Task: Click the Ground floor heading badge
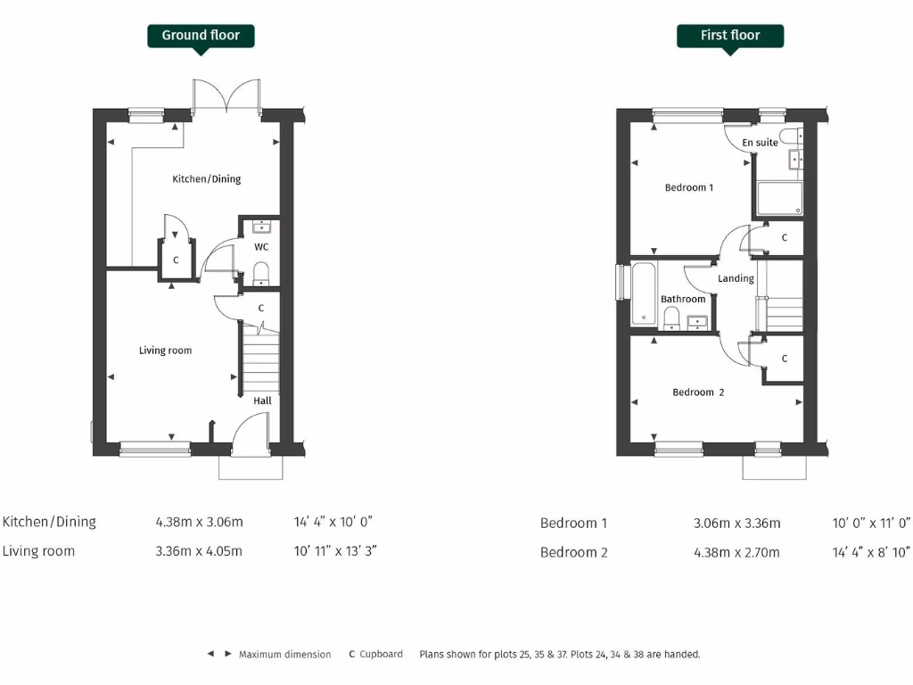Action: [x=201, y=36]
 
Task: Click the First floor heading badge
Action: [x=730, y=36]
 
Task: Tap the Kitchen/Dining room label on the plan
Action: [x=206, y=179]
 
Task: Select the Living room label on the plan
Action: [x=165, y=351]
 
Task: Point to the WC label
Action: [x=261, y=246]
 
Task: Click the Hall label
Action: [x=262, y=400]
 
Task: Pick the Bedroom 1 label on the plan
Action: [x=688, y=188]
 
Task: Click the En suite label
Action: [x=760, y=143]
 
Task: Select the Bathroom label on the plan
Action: [x=683, y=300]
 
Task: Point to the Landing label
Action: [x=736, y=279]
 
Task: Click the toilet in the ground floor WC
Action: [x=261, y=272]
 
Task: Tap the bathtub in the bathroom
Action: [x=643, y=293]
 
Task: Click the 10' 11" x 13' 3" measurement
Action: [x=335, y=550]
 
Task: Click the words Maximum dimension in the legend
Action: [x=284, y=655]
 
